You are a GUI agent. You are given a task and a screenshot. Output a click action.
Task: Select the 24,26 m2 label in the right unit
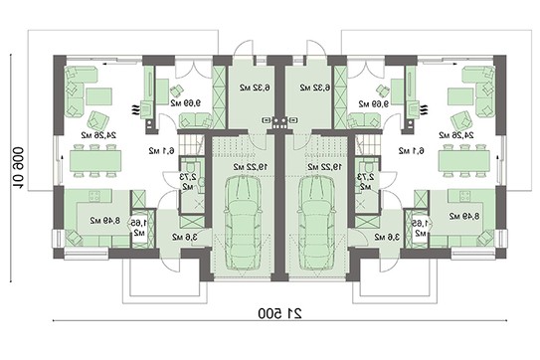(453, 133)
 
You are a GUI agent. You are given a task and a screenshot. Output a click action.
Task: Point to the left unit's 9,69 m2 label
(185, 103)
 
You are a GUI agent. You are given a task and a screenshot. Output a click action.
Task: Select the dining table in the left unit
(96, 158)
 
